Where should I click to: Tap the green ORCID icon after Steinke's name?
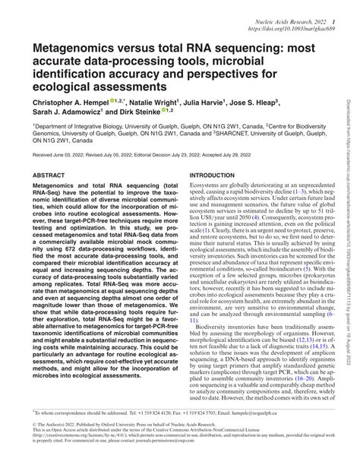point(166,111)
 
